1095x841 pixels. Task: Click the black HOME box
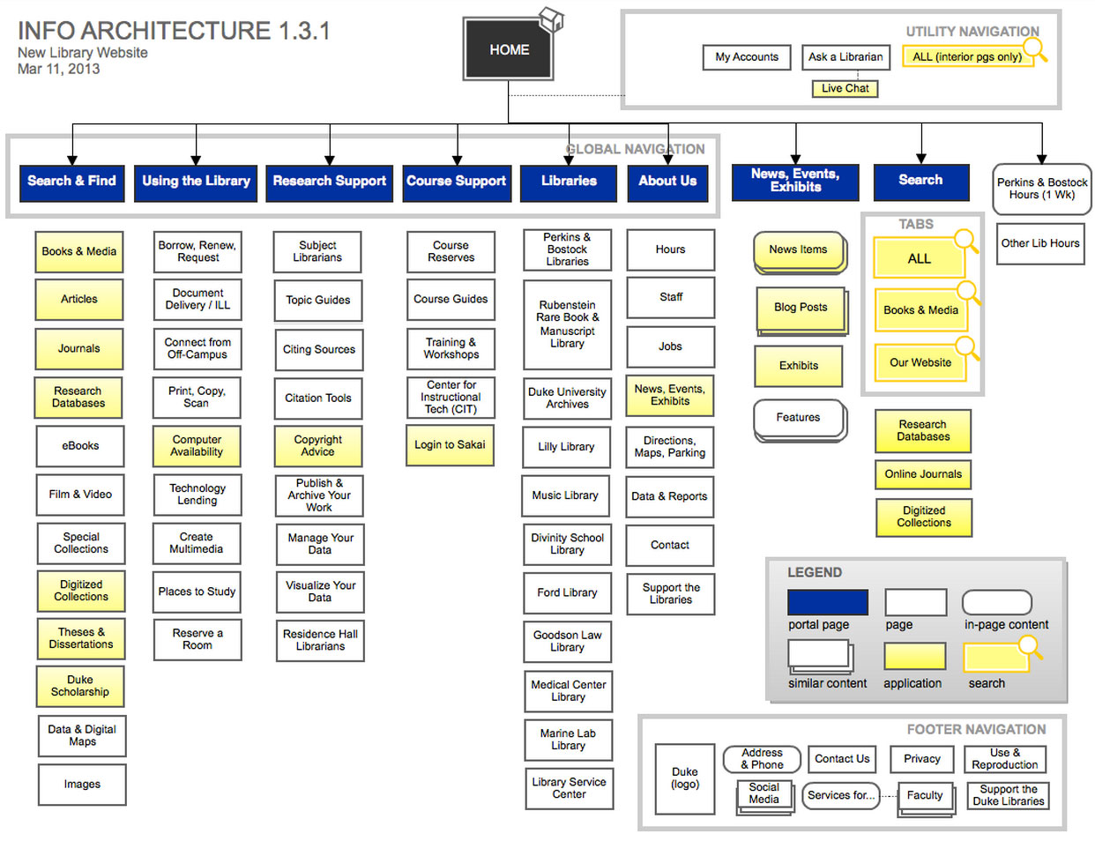click(x=509, y=50)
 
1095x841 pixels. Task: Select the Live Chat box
click(x=845, y=88)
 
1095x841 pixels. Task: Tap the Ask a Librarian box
click(x=845, y=57)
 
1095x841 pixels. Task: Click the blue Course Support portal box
click(x=456, y=182)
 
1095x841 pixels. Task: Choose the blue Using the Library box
click(x=196, y=182)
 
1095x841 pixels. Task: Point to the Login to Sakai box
click(x=450, y=445)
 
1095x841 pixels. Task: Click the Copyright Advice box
click(x=318, y=446)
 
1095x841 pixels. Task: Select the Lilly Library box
click(x=566, y=447)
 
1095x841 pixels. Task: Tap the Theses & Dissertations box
click(x=81, y=638)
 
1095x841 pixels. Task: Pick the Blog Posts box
click(x=801, y=308)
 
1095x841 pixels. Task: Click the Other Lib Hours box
click(x=1039, y=243)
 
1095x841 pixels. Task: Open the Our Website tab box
click(x=920, y=362)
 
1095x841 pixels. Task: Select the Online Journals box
click(x=923, y=474)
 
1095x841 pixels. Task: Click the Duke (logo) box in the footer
click(x=685, y=778)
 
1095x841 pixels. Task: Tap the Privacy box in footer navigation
click(x=922, y=759)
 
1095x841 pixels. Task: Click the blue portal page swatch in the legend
click(x=827, y=602)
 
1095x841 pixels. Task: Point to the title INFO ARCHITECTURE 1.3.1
click(x=174, y=31)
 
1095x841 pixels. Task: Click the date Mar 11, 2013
click(x=59, y=69)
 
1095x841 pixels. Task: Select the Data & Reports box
click(x=669, y=496)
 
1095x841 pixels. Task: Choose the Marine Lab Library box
click(x=568, y=740)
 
